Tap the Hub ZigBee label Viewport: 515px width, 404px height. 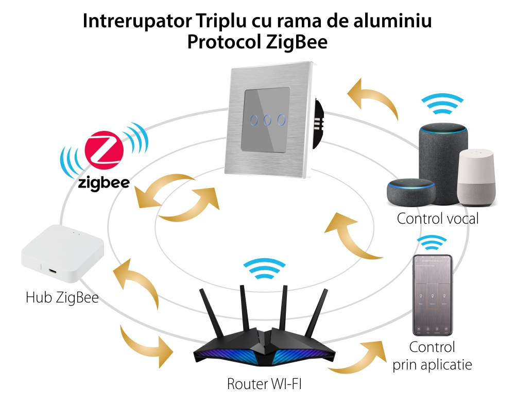(x=62, y=297)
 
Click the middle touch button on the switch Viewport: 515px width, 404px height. (x=268, y=120)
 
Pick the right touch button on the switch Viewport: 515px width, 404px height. (x=281, y=120)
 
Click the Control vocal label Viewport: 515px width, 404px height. (x=438, y=218)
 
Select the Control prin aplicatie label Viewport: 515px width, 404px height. (x=432, y=356)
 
